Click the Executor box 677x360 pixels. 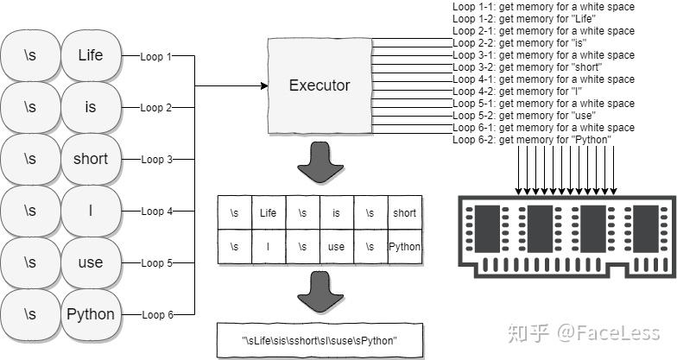320,85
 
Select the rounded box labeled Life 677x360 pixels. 90,55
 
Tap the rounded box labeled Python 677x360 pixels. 90,314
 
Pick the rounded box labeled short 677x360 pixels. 90,159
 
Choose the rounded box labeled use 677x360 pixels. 90,262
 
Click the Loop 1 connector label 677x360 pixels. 156,56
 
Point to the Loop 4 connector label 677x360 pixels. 156,212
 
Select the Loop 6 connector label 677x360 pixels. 156,315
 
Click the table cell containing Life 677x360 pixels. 268,212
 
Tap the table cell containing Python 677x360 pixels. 404,247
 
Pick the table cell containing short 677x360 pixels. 404,212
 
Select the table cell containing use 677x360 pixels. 336,247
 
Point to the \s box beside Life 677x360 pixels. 30,55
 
